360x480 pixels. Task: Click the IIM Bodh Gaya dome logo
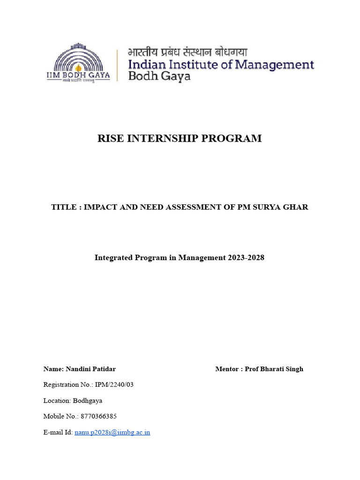click(x=78, y=61)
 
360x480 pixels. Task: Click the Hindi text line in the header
click(x=187, y=52)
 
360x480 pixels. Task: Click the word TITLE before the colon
click(x=63, y=207)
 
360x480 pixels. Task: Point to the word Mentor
click(x=227, y=369)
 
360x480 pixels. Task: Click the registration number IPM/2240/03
click(x=114, y=385)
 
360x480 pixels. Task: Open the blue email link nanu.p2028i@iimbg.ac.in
click(x=112, y=432)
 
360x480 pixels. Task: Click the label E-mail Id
click(x=58, y=432)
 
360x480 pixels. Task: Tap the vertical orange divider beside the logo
click(x=117, y=66)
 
